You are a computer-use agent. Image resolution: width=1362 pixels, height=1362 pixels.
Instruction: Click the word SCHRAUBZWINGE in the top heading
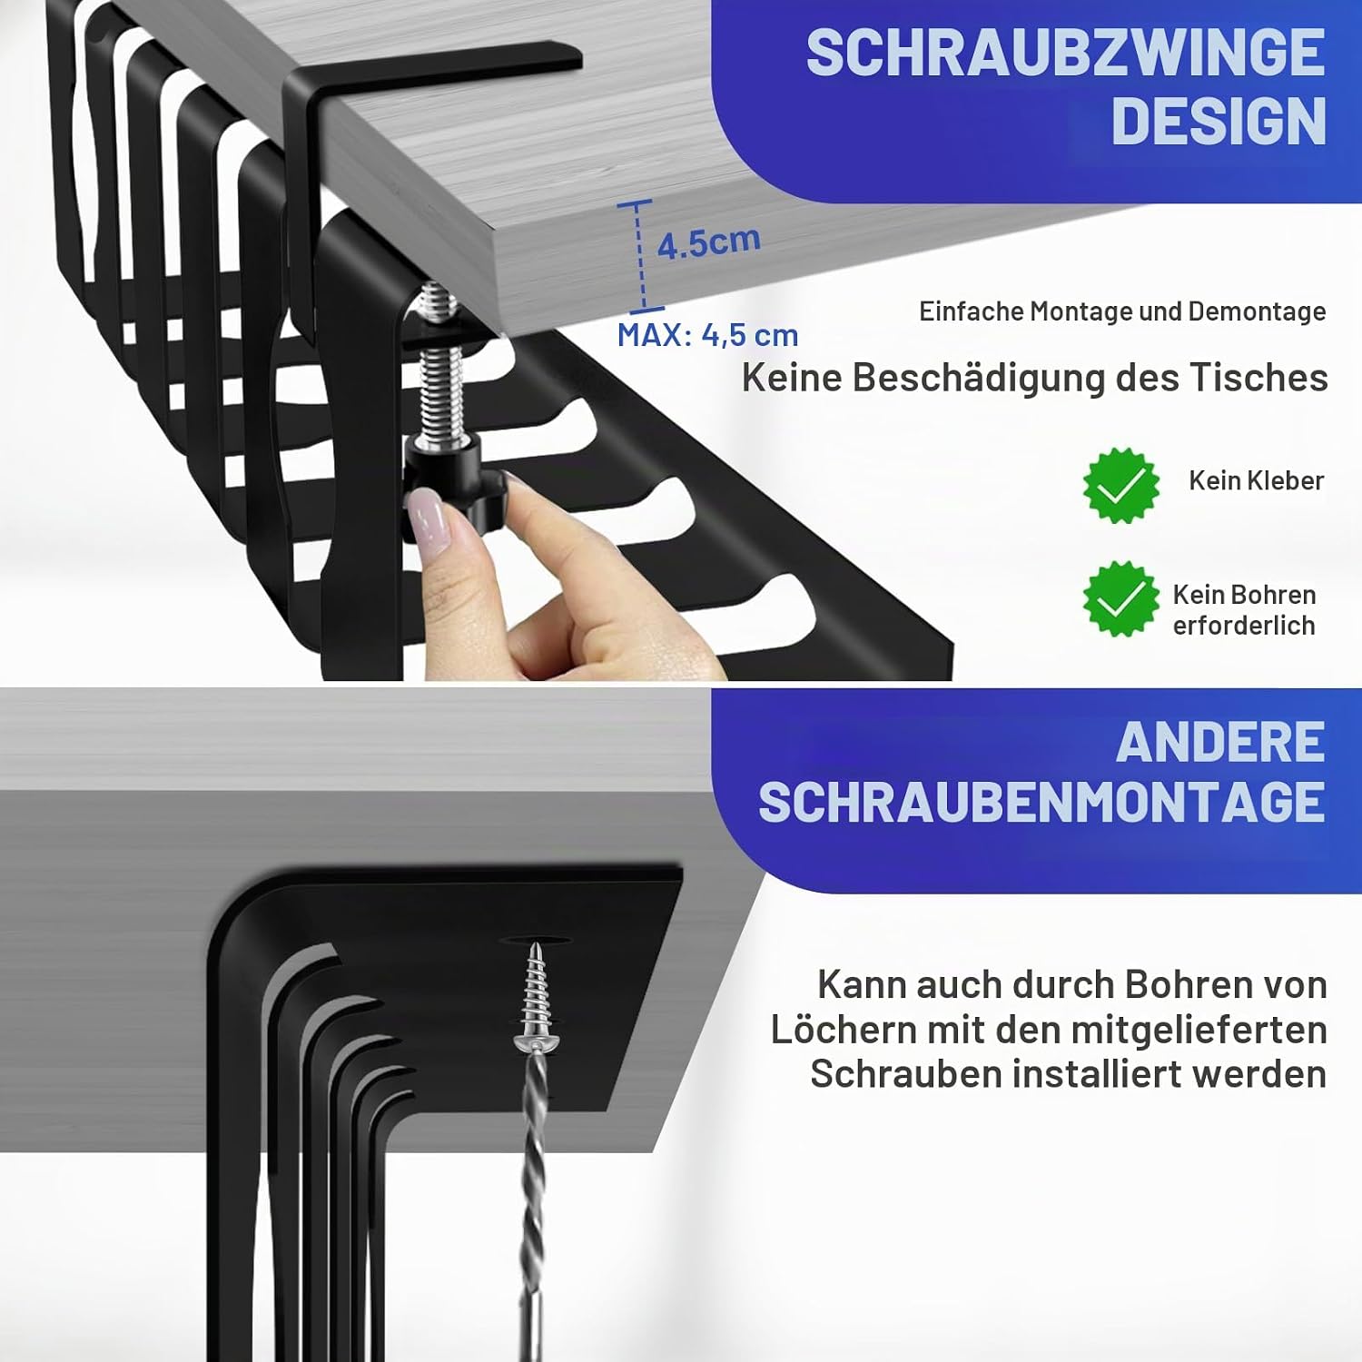[x=1065, y=53]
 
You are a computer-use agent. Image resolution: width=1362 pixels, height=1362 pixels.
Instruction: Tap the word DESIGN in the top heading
[x=1219, y=121]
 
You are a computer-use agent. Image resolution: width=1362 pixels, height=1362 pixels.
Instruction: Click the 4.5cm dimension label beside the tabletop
[x=708, y=242]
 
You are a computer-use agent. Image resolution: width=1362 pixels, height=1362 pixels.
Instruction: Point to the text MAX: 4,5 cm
[x=707, y=335]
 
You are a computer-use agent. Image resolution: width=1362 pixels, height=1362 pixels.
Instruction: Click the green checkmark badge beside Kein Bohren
[x=1121, y=598]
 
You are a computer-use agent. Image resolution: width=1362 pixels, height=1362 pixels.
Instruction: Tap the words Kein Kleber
[x=1257, y=480]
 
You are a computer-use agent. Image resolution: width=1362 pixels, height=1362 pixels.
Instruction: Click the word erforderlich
[x=1244, y=626]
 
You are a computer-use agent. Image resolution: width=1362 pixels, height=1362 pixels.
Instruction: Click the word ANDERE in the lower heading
[x=1220, y=743]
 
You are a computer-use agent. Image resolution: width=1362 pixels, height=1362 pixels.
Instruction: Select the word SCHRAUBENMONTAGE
[x=1041, y=802]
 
